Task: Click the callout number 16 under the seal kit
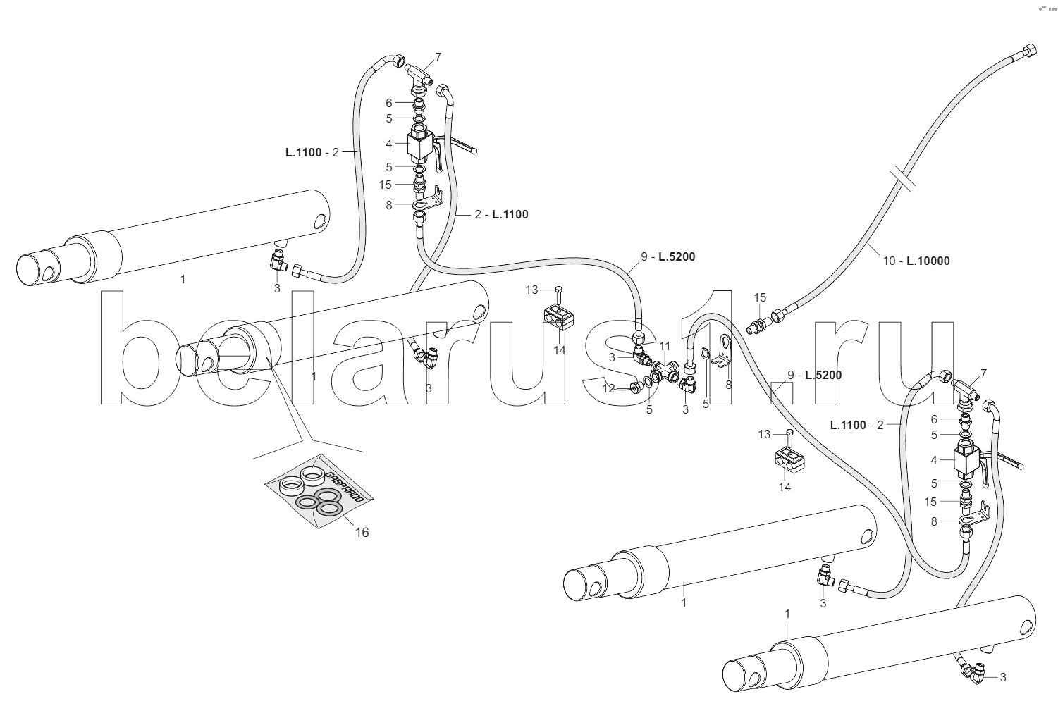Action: click(361, 533)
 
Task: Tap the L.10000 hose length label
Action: click(928, 261)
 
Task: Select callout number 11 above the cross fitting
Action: click(665, 346)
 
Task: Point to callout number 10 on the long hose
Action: click(890, 261)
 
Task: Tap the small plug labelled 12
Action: click(636, 386)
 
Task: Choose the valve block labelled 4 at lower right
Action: click(964, 461)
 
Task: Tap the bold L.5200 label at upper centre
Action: click(677, 256)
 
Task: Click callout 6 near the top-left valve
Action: click(388, 103)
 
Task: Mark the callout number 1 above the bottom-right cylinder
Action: click(787, 615)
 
